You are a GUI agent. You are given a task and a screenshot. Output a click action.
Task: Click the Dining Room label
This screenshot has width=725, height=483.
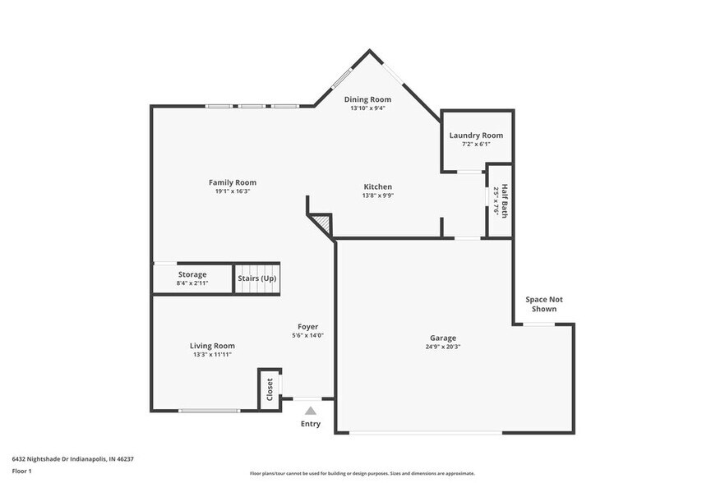[367, 99]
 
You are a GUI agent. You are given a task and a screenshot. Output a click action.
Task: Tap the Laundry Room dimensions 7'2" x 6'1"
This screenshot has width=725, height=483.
[476, 144]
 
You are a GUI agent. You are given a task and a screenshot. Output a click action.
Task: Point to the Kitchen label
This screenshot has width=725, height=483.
[378, 186]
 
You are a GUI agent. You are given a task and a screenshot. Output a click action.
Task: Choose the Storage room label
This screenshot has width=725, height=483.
[192, 274]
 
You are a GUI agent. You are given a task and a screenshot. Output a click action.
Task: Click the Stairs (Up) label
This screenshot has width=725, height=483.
[257, 278]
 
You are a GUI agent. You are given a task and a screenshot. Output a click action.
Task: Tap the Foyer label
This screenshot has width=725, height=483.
[307, 327]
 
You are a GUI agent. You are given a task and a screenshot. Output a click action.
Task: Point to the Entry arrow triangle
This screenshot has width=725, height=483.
[310, 411]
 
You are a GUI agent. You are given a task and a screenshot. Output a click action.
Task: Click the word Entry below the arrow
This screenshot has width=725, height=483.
[310, 424]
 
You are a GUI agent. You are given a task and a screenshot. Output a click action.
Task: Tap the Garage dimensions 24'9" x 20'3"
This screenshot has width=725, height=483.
[442, 347]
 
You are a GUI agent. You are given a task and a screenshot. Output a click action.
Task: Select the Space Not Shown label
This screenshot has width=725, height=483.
[544, 304]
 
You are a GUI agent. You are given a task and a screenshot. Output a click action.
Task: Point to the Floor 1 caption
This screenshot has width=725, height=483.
[21, 471]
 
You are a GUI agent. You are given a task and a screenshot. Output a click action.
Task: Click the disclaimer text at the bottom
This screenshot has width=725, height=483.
[362, 473]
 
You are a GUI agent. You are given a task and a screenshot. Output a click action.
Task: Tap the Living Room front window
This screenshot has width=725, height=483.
[210, 411]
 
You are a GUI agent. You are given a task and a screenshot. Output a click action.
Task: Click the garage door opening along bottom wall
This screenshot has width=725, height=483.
[425, 433]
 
